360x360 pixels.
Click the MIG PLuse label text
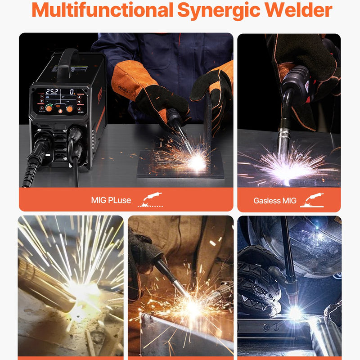click(111, 200)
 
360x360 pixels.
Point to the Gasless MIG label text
click(274, 201)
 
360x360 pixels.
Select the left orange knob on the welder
click(49, 108)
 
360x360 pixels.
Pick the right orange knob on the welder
click(70, 108)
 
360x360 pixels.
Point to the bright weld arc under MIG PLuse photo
click(197, 162)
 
